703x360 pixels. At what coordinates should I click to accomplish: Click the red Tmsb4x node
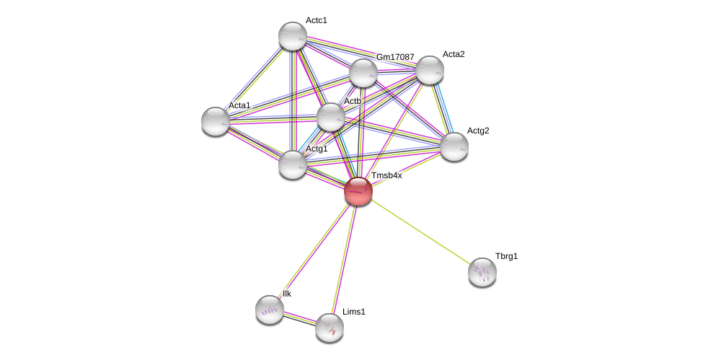point(358,191)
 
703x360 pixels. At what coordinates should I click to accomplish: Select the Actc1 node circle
point(293,36)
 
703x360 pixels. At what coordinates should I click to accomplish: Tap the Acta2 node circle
point(429,70)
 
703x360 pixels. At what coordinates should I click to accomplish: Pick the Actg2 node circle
point(454,146)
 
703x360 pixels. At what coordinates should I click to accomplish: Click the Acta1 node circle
point(216,121)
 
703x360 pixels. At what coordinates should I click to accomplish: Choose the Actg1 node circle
point(293,164)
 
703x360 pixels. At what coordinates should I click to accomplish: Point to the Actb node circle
point(331,117)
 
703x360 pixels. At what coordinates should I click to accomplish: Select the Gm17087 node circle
point(363,73)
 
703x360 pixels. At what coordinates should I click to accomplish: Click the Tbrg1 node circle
point(482,272)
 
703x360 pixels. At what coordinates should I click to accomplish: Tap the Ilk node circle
point(270,309)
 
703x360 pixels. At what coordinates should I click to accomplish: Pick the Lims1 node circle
point(329,328)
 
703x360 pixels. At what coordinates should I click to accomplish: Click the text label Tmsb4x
point(386,175)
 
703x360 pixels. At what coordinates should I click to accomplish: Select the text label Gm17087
point(395,57)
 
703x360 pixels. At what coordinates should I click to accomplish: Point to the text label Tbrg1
point(506,256)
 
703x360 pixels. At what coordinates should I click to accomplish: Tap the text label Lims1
point(354,312)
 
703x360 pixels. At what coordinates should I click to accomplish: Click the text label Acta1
point(239,105)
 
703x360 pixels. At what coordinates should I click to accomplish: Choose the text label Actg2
point(477,131)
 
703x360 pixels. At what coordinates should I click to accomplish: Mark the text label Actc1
point(316,20)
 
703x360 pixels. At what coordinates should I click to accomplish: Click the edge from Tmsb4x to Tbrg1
point(420,232)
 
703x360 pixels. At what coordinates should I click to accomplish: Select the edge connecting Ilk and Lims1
point(299,318)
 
